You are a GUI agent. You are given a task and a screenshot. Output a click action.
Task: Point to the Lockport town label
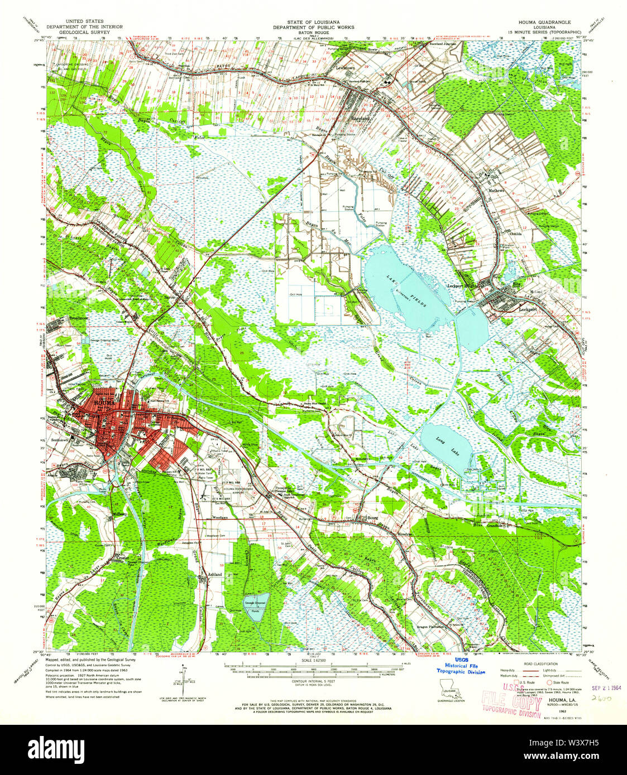(x=527, y=308)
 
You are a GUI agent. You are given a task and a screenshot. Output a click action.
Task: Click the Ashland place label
(x=214, y=574)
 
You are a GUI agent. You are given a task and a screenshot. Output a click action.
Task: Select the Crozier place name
(x=123, y=557)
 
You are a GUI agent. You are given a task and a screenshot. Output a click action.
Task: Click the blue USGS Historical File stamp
(x=461, y=667)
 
